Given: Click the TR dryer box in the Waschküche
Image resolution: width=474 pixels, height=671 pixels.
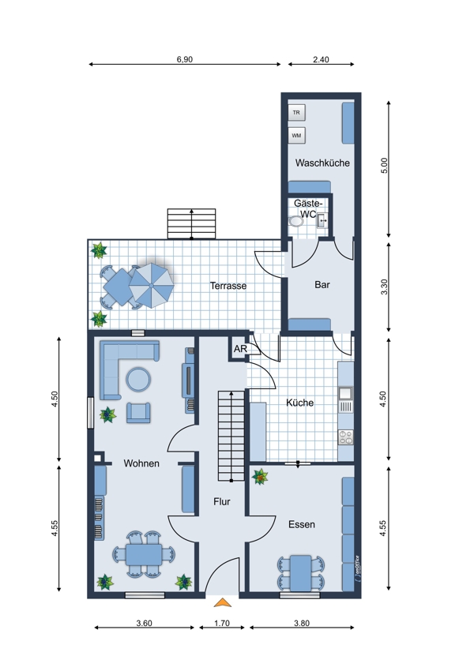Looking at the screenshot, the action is (296, 113).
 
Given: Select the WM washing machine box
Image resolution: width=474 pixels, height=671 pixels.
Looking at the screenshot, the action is (296, 136).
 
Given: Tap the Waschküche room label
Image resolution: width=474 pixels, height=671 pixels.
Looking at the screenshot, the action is (322, 163).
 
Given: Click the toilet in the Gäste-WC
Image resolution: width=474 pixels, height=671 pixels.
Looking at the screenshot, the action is (296, 221).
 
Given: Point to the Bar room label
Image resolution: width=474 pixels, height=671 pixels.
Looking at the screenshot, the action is (322, 284).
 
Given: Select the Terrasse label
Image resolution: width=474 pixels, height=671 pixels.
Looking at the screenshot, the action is (228, 286).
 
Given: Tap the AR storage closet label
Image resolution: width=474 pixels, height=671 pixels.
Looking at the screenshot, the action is (240, 349).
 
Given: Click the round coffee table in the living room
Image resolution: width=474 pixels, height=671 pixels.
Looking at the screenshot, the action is (138, 380).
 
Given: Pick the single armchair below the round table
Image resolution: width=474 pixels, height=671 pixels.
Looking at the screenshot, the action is (138, 413).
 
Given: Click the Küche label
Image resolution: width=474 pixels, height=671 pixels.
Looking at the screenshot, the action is (299, 403).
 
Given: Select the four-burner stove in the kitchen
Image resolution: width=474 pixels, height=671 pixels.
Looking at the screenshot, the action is (345, 437).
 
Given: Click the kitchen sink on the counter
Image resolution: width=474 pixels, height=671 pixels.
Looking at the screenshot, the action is (345, 393).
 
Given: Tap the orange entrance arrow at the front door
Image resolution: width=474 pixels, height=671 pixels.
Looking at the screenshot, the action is (223, 602).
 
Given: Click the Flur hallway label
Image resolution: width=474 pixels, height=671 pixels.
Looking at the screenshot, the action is (222, 501).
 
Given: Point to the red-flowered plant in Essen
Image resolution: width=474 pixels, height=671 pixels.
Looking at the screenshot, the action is (260, 476).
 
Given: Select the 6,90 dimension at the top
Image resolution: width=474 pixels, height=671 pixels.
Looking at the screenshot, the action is (185, 59).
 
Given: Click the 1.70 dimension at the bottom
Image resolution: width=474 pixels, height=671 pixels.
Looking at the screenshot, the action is (222, 623).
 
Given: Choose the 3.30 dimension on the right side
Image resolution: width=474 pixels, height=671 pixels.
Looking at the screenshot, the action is (384, 287).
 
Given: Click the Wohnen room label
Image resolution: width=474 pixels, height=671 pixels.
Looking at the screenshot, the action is (141, 463).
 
